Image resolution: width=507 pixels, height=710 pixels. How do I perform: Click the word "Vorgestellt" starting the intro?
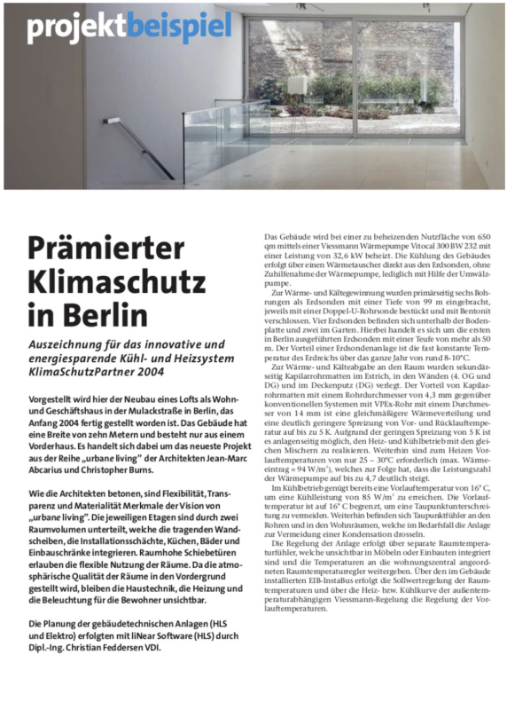[54, 402]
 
